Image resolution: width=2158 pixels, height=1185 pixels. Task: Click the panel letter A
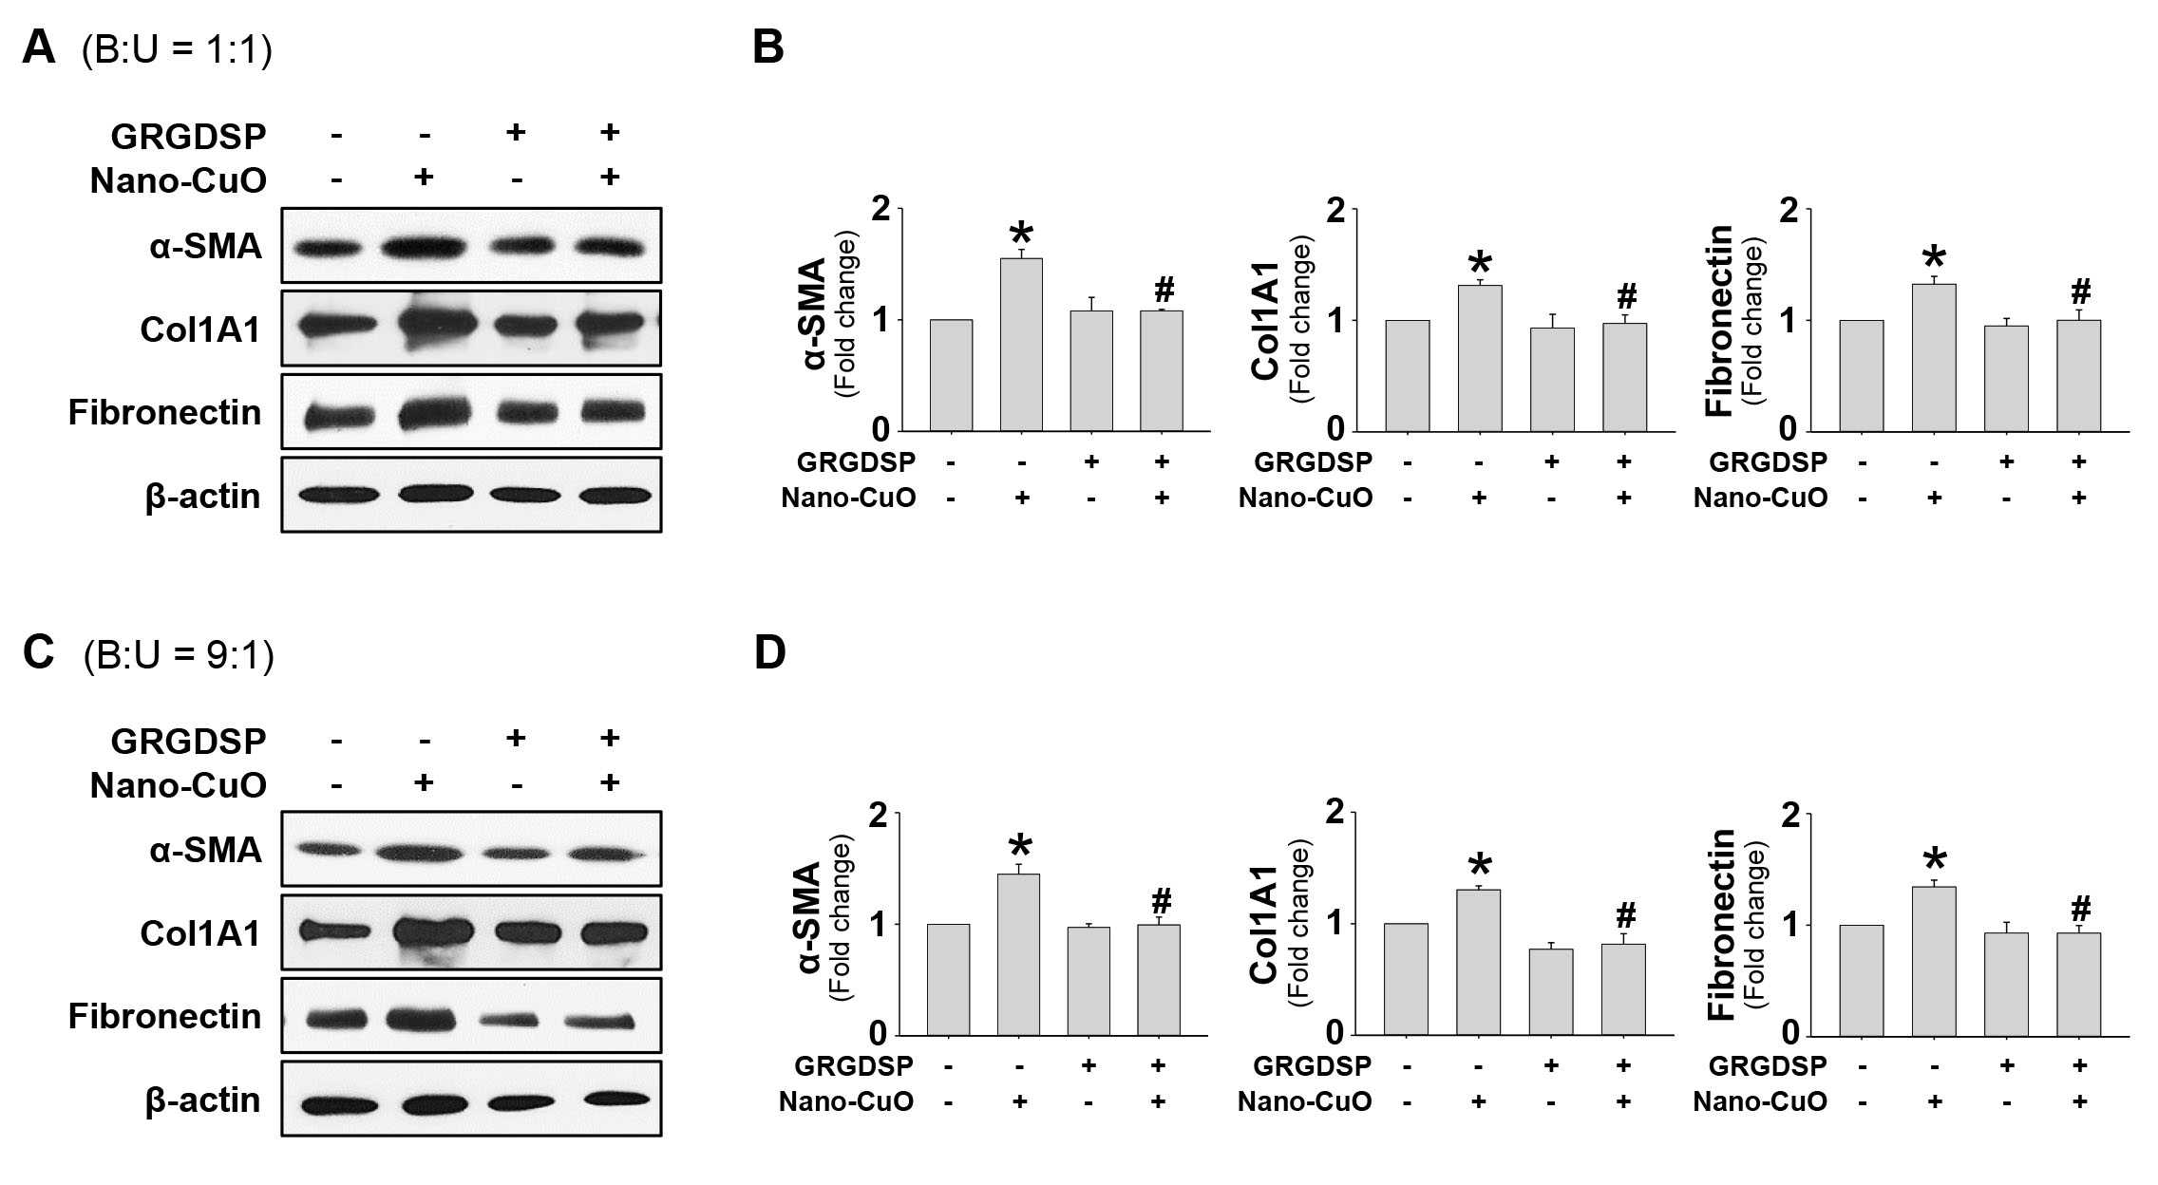(x=39, y=47)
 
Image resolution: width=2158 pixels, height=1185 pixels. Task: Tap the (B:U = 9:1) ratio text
(x=179, y=655)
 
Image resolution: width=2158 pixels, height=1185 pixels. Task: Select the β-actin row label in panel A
(x=203, y=497)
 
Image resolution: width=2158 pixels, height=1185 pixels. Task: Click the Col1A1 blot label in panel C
(x=200, y=933)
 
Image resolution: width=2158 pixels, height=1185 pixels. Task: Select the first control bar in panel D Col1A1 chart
(x=1407, y=979)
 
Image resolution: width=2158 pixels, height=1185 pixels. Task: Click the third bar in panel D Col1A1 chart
(x=1551, y=991)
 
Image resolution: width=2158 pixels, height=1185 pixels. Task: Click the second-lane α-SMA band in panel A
(x=424, y=250)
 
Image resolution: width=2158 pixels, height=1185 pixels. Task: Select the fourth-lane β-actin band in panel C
(x=610, y=1100)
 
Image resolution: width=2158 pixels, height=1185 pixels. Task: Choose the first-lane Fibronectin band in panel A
(x=334, y=416)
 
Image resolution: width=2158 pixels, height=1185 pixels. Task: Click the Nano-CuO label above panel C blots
(x=178, y=785)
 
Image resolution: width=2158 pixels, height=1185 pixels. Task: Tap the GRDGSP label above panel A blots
(x=188, y=137)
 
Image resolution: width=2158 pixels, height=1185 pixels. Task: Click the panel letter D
(x=769, y=652)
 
